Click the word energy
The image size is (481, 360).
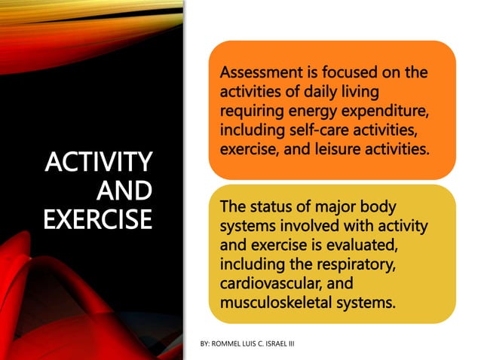click(314, 111)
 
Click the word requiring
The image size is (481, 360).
click(250, 111)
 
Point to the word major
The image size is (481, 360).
click(331, 206)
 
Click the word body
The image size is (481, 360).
click(377, 206)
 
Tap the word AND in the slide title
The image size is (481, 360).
click(125, 190)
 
